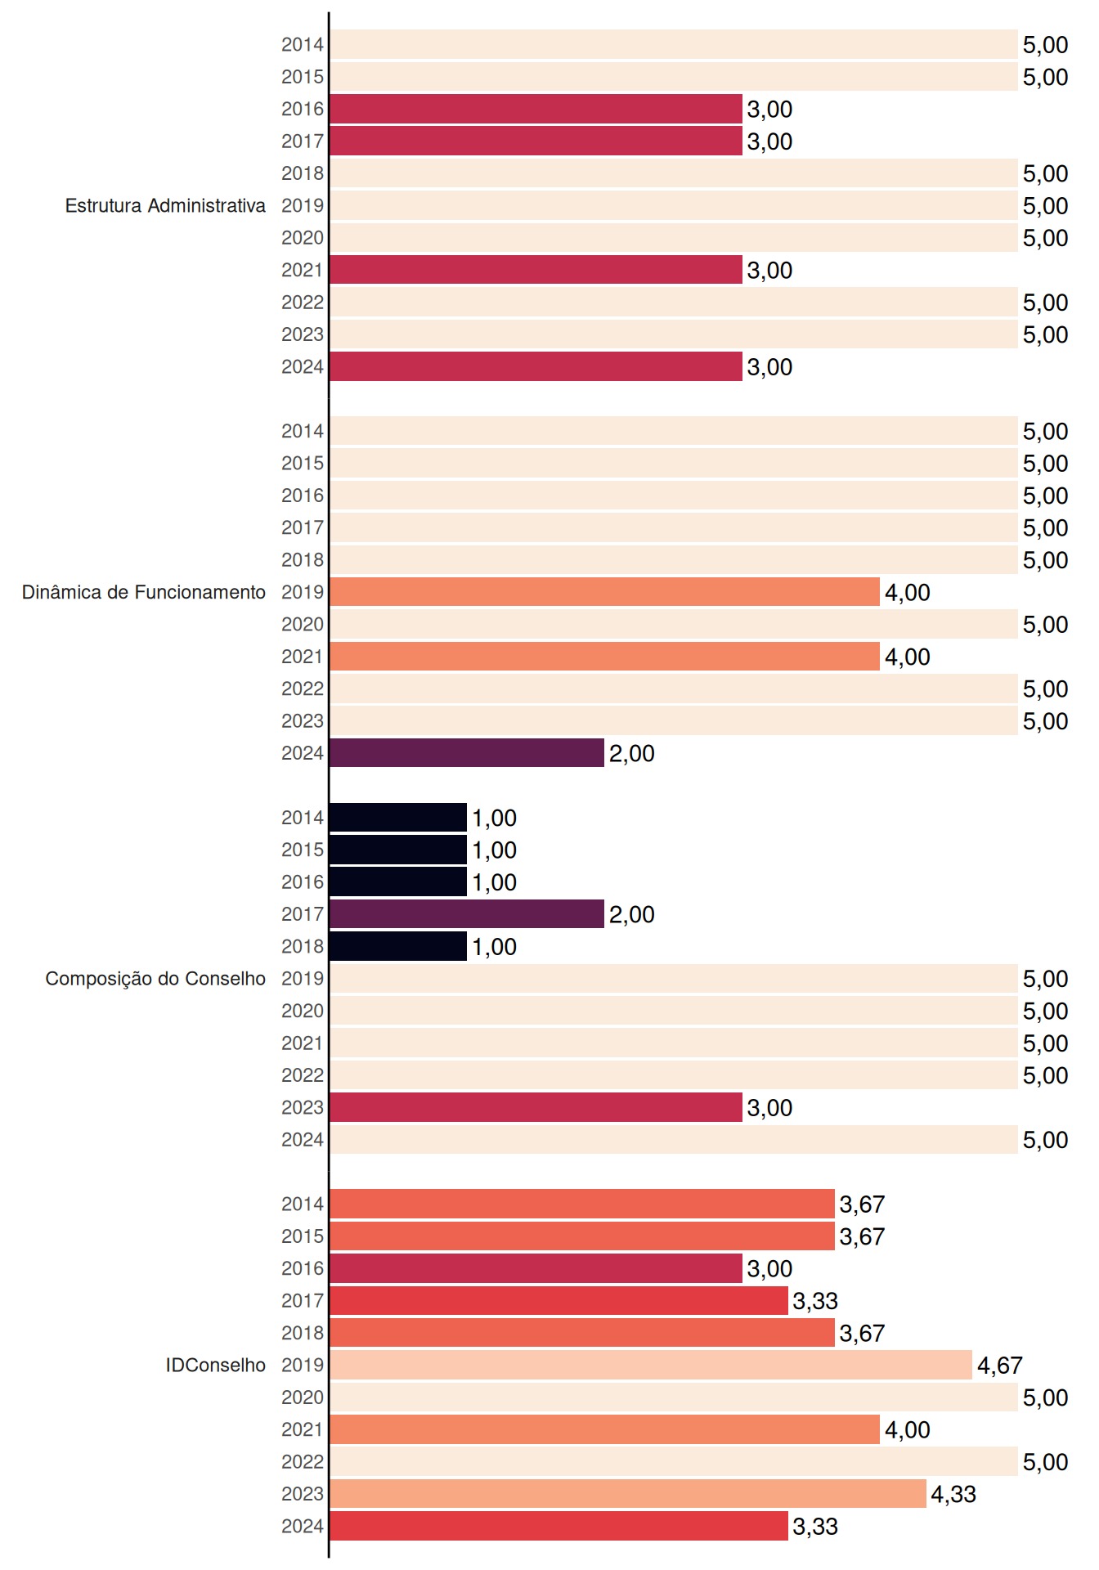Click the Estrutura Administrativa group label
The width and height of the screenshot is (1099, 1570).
165,206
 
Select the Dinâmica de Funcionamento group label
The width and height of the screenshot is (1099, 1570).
144,592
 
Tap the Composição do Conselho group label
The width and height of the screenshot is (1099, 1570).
155,979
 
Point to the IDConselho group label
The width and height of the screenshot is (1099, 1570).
216,1366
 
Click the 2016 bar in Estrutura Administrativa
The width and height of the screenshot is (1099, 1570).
536,109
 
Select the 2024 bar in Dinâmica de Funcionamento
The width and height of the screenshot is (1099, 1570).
467,753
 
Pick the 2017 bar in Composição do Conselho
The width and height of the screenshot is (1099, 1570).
467,914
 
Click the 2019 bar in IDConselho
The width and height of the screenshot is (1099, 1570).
651,1365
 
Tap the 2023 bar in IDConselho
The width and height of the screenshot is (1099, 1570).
628,1494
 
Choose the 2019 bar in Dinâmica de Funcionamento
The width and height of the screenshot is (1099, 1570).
605,592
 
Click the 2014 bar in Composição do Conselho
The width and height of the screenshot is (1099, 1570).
398,818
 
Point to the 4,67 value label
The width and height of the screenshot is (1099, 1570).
1000,1366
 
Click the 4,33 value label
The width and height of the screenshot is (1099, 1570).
953,1495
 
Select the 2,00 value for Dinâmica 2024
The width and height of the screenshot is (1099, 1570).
632,754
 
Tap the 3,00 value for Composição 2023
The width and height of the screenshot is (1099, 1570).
769,1108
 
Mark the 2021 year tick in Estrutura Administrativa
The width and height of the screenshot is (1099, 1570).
303,270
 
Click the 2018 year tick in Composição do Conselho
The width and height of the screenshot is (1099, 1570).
303,946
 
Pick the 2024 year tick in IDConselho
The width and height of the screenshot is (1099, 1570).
303,1526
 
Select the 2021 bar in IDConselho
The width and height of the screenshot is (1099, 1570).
605,1429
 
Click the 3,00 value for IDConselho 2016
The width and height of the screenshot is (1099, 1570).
769,1269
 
